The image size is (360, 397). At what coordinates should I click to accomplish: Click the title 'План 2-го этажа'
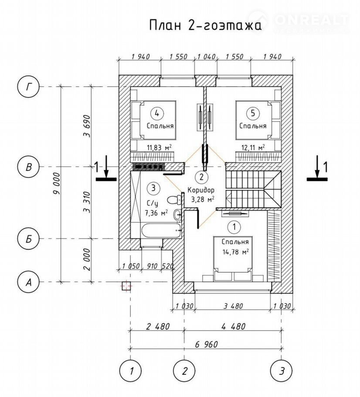(x=205, y=25)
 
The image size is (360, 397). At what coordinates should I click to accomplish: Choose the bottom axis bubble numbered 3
(x=282, y=371)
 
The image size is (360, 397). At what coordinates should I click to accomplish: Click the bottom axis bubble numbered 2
(x=185, y=371)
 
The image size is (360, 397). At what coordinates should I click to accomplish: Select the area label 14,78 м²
(x=235, y=251)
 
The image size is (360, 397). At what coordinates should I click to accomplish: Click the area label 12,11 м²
(x=253, y=147)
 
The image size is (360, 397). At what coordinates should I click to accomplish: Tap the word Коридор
(x=201, y=190)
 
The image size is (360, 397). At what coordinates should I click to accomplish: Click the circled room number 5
(x=252, y=113)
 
